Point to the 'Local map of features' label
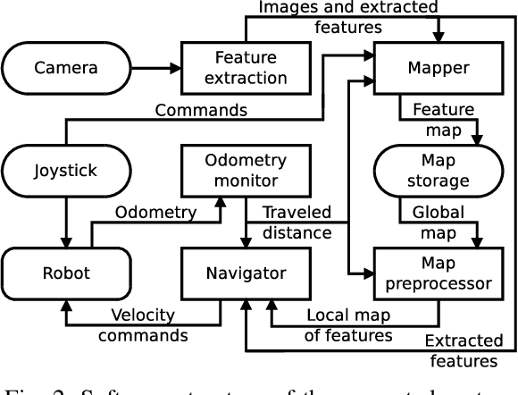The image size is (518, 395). [x=348, y=325]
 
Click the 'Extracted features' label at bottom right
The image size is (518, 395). [x=462, y=350]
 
